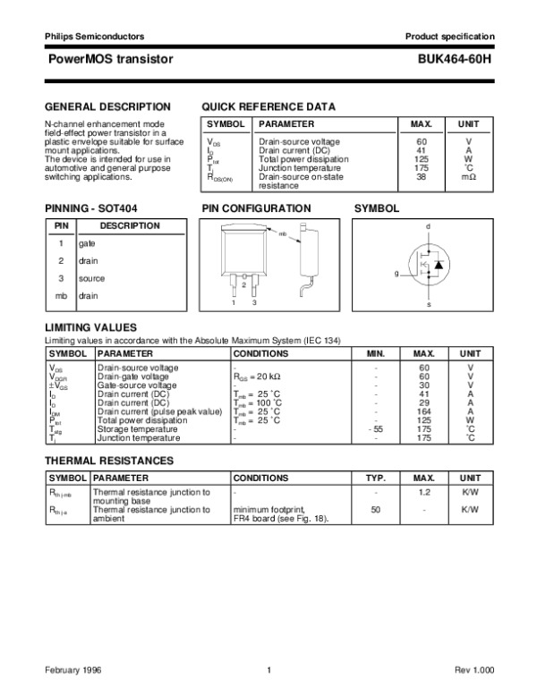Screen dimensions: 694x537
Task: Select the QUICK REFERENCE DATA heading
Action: coord(268,106)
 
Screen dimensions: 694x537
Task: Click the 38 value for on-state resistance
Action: coord(422,176)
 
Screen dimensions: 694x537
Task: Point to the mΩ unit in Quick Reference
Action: coord(468,176)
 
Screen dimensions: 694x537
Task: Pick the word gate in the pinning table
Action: coord(87,243)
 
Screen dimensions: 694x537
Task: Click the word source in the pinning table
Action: coord(91,278)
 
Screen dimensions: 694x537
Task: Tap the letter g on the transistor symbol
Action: coord(396,272)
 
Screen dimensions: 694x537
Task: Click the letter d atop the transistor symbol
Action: coord(428,226)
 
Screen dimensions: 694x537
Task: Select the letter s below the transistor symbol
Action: coord(428,305)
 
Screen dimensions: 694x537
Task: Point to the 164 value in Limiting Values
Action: coord(424,410)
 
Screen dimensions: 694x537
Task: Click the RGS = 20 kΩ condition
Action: coord(257,377)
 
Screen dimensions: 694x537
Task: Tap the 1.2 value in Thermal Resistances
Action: coord(424,491)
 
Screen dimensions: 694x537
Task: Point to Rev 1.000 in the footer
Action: coord(473,671)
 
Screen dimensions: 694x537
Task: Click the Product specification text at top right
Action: coord(449,37)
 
